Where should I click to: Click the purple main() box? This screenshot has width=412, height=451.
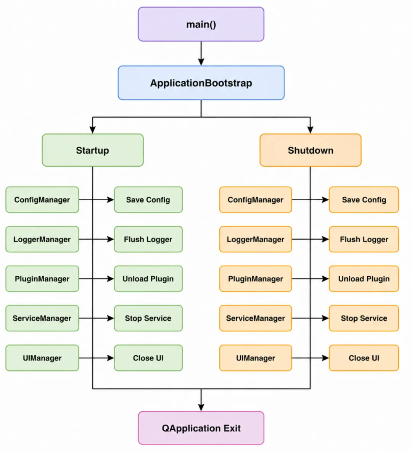[201, 24]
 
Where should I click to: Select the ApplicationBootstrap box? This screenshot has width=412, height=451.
[201, 83]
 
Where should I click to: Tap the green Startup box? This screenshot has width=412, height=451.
[92, 150]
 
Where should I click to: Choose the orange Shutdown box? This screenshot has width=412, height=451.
[311, 150]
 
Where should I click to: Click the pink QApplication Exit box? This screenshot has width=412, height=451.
[201, 428]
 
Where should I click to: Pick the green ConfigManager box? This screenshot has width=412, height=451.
[42, 200]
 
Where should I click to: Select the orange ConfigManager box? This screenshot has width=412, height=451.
[256, 200]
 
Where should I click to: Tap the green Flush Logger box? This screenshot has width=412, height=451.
[148, 239]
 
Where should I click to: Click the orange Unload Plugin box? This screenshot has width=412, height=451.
[364, 279]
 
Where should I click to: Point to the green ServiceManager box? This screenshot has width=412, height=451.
[42, 318]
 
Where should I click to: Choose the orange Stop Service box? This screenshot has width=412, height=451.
[364, 318]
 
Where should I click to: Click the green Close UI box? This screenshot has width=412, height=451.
[148, 358]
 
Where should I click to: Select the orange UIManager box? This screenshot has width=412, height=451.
[256, 358]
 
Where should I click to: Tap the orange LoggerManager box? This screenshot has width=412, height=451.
[256, 239]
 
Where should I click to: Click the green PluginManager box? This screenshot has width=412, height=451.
[42, 279]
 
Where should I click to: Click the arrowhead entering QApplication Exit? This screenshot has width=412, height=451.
[201, 407]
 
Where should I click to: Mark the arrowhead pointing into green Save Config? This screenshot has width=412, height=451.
[111, 200]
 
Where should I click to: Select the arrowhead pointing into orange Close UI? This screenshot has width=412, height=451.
[325, 358]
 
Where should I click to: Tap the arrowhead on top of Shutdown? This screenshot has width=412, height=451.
[311, 130]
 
